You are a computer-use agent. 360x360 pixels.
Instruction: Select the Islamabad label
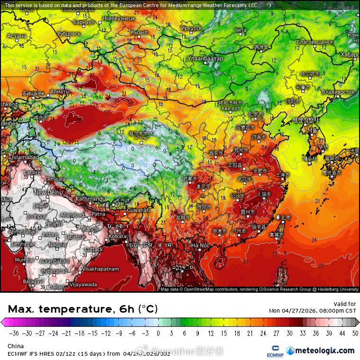tap(25, 157)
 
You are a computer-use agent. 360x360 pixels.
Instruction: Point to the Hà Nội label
tap(200, 245)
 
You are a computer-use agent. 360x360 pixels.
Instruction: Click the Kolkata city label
tap(117, 236)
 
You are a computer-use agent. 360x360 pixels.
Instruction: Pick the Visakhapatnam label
tap(100, 269)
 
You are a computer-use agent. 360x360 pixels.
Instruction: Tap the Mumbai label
tap(24, 260)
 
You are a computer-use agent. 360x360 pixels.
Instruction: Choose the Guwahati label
tap(138, 210)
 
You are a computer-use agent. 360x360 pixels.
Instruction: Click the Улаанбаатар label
tap(205, 58)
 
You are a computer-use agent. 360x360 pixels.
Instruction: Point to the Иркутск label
tap(191, 28)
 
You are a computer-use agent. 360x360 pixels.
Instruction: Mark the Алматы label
tap(60, 91)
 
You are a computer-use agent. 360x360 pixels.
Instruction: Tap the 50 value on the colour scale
tap(355, 333)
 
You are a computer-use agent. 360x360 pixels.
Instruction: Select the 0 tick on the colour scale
tap(158, 333)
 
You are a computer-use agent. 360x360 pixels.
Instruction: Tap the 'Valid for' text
tap(345, 304)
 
